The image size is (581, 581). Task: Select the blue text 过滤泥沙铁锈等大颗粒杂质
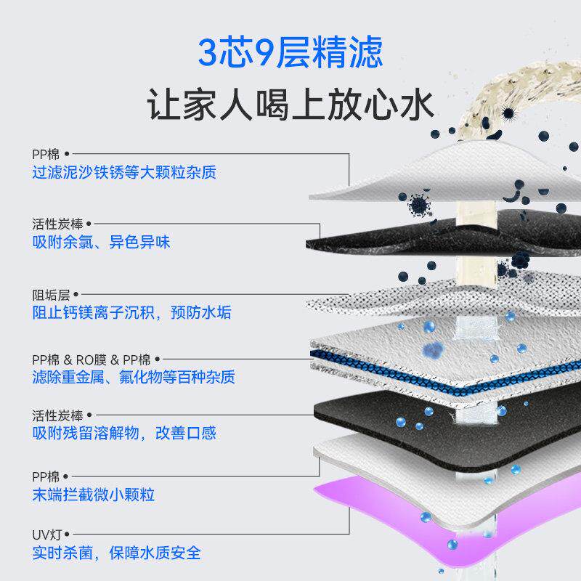[x=124, y=173]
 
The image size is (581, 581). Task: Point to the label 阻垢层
[x=47, y=295]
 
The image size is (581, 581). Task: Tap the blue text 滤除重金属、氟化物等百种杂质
[x=134, y=378]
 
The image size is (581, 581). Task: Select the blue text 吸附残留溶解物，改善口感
[x=124, y=434]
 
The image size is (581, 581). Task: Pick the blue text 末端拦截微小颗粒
[x=94, y=495]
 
